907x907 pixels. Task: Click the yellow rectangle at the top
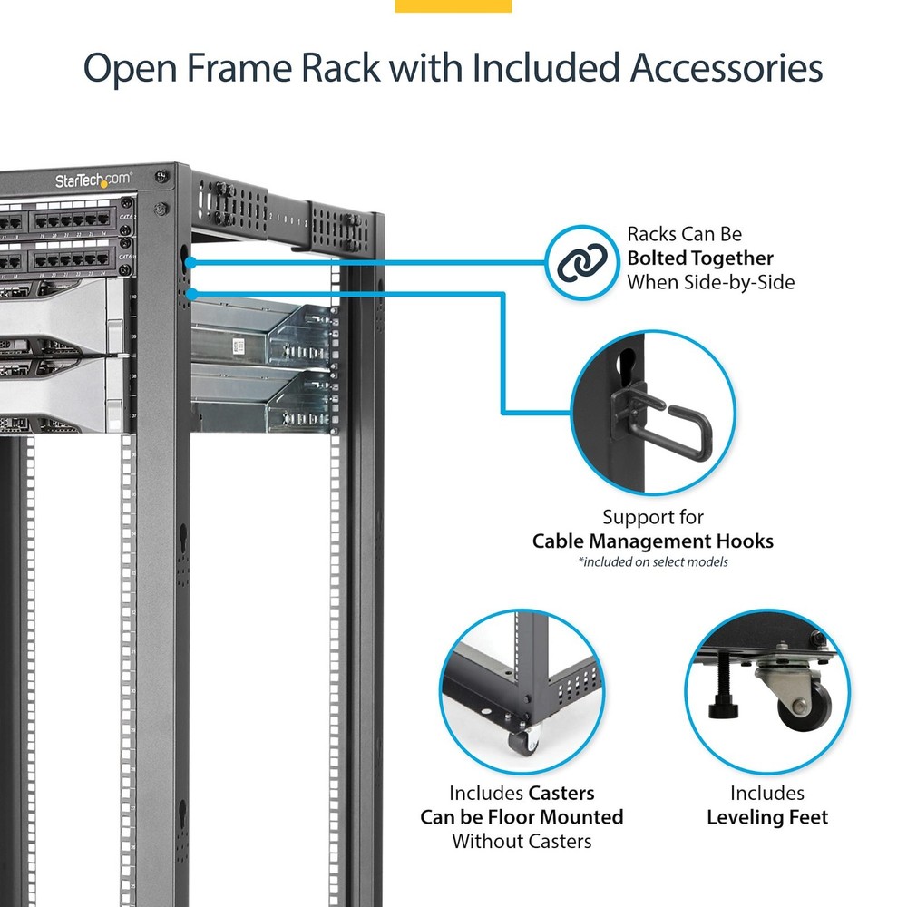click(x=453, y=6)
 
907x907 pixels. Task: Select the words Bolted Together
click(x=700, y=258)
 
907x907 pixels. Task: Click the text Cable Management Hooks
click(x=653, y=541)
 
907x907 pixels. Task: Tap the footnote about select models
click(x=653, y=562)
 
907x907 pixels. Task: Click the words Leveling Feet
click(x=767, y=817)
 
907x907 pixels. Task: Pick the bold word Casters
click(x=561, y=794)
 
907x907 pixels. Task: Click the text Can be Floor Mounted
click(x=522, y=817)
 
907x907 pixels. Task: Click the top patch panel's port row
click(x=73, y=219)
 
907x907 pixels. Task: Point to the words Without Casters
click(x=522, y=841)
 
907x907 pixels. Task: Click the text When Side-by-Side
click(x=710, y=282)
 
